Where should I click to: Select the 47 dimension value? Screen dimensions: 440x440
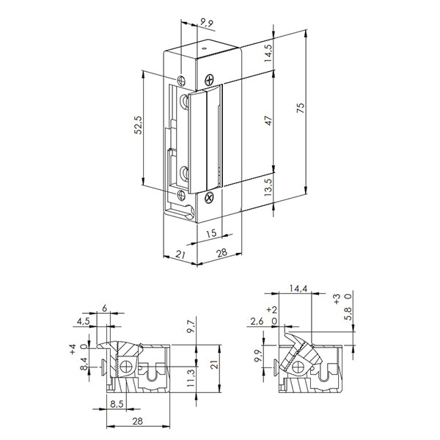pos(269,122)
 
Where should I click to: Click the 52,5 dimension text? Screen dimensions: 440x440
pos(137,130)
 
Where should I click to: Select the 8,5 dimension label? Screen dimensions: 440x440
pos(117,402)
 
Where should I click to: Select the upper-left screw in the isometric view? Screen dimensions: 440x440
pos(180,78)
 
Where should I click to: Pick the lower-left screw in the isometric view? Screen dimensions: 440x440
pos(182,195)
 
